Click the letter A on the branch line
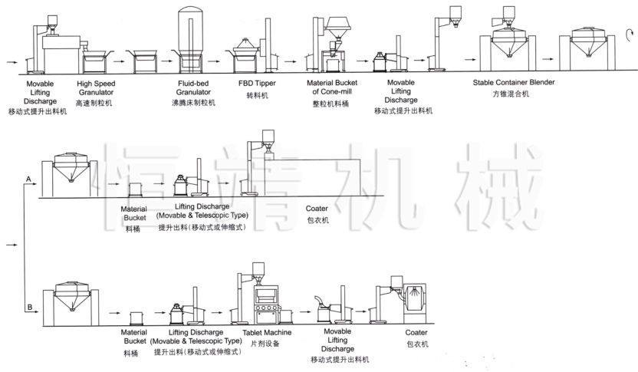pos(28,179)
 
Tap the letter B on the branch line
pos(29,308)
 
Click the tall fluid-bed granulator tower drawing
pos(191,35)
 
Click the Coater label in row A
pos(317,209)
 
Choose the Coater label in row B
pos(417,333)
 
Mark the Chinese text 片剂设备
pos(265,344)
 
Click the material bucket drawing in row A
pos(136,189)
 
